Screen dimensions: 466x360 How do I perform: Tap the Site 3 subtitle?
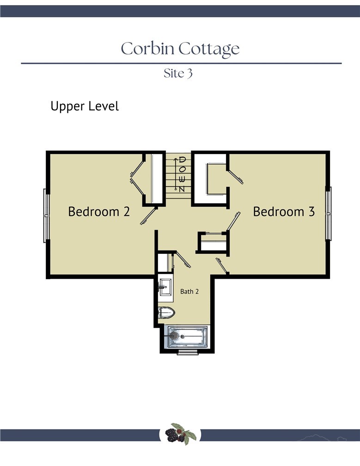click(178, 74)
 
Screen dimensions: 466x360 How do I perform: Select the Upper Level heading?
click(85, 106)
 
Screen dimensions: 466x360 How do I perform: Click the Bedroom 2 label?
click(98, 212)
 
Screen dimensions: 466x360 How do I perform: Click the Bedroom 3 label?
click(284, 212)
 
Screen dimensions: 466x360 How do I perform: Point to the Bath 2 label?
click(189, 292)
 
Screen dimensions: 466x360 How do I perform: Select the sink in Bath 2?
click(165, 287)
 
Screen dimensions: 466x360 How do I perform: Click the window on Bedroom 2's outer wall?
click(46, 215)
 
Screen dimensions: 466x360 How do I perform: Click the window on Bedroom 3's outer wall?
click(329, 214)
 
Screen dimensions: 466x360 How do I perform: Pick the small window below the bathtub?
click(188, 353)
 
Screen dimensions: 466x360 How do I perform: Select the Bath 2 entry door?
click(182, 259)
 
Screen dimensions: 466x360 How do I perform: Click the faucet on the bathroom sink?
click(161, 287)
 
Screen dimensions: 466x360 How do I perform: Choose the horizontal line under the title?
click(181, 63)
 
